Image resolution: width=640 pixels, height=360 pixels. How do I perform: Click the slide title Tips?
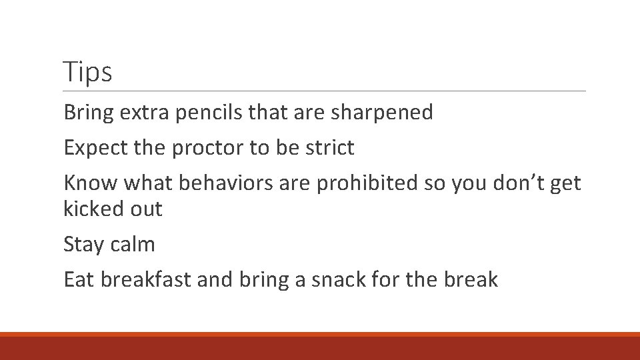pos(87,72)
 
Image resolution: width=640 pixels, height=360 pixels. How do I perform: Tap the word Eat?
pos(79,279)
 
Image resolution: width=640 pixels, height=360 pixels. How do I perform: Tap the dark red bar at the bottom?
pos(320,348)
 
